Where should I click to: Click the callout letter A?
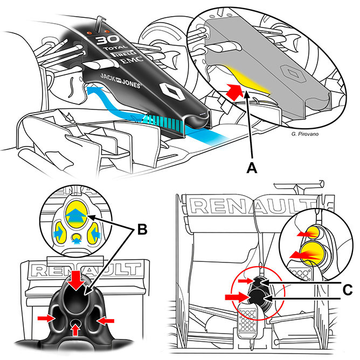point(252,168)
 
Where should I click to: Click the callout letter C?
point(348,290)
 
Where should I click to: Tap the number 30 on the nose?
point(108,40)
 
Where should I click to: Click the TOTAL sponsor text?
point(115,47)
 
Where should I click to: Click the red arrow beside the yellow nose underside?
point(234,92)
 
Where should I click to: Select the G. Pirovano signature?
point(305,134)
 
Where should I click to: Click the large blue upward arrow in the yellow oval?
point(76,215)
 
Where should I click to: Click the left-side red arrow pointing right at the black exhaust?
point(46,318)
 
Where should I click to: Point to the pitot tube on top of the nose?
point(100,24)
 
